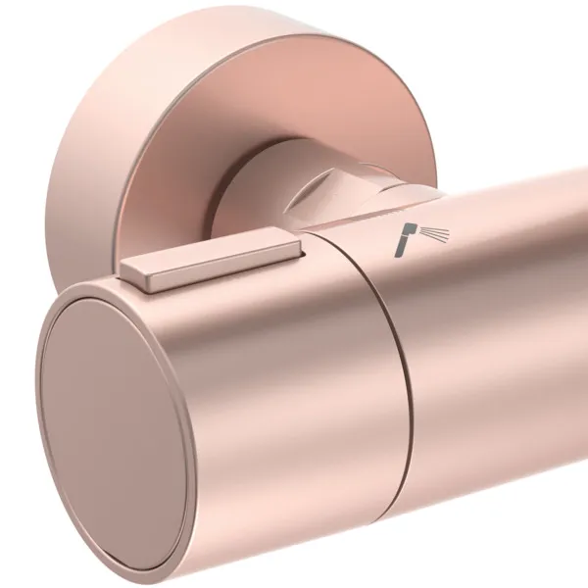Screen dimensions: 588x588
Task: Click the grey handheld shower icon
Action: coord(416,238)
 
